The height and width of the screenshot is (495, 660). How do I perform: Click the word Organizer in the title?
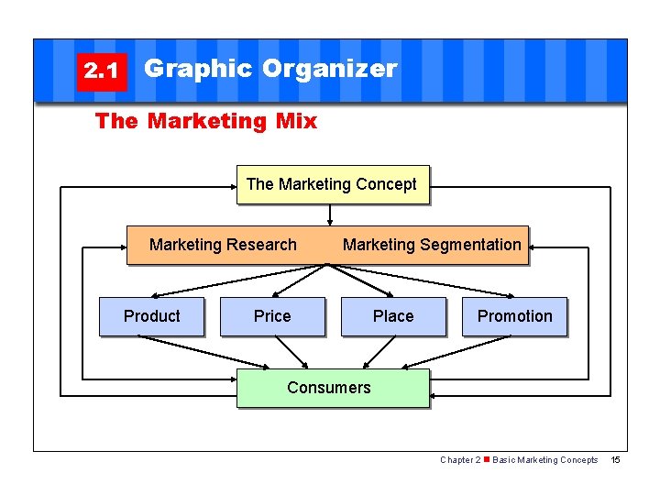(329, 69)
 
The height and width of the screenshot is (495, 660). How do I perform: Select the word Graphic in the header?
(198, 69)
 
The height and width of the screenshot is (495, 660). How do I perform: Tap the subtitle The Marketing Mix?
(206, 121)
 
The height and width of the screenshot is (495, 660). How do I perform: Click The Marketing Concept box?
(332, 184)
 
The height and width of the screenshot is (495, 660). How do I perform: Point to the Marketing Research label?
(223, 245)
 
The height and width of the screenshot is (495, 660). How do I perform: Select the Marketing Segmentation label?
(431, 245)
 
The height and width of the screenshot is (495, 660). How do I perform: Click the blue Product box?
(151, 316)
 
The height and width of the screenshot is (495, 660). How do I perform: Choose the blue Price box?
(272, 316)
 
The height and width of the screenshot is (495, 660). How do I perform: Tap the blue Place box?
(393, 316)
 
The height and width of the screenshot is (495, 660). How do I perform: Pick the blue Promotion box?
(514, 316)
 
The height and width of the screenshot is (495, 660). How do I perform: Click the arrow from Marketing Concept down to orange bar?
(330, 214)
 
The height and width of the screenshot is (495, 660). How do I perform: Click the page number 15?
(615, 460)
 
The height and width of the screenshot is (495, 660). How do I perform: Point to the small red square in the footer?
(486, 460)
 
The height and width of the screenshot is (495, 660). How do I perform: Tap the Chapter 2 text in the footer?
(459, 460)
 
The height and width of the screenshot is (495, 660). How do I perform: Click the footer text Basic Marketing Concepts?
(544, 460)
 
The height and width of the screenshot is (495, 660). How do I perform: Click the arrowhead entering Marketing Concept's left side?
(231, 188)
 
